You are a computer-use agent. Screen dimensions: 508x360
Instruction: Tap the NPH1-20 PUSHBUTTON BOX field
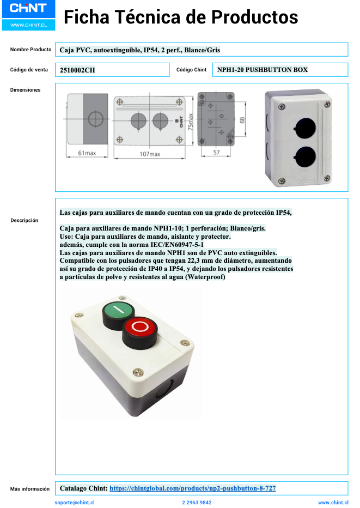(x=262, y=70)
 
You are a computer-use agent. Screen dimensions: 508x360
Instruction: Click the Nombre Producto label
(x=30, y=50)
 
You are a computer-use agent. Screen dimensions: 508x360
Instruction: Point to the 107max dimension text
(x=150, y=154)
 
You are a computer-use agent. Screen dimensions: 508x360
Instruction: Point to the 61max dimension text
(x=87, y=153)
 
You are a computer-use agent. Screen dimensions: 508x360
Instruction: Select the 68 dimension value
(x=242, y=120)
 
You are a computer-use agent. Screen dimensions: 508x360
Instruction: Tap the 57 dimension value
(x=216, y=153)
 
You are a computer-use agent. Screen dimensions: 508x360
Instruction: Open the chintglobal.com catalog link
(x=192, y=488)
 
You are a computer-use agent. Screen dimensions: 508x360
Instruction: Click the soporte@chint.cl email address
(x=75, y=503)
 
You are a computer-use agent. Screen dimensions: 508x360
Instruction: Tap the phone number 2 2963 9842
(x=197, y=503)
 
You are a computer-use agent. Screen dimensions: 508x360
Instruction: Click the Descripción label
(x=24, y=220)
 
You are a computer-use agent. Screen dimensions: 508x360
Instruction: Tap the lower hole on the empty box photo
(x=304, y=157)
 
